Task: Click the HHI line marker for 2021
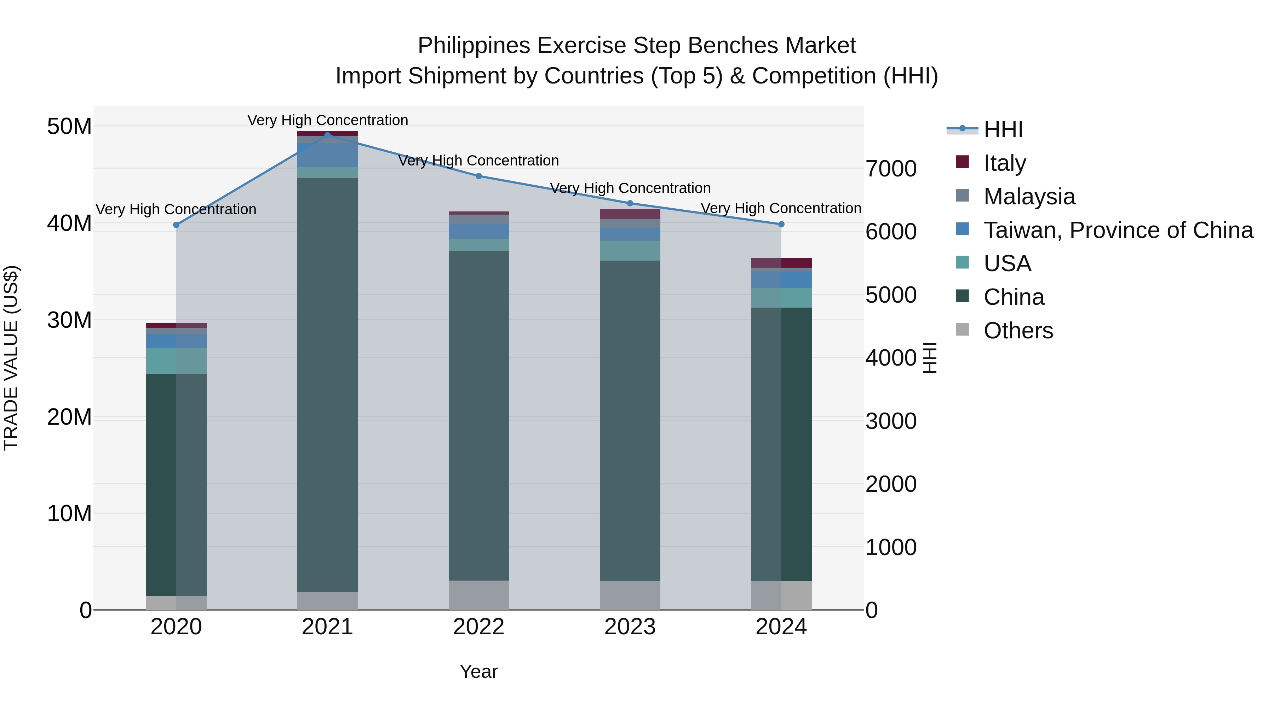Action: click(x=327, y=135)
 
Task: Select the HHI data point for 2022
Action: click(x=479, y=176)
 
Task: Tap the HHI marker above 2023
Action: click(x=630, y=203)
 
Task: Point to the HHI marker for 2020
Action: click(x=177, y=225)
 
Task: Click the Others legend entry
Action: click(x=1018, y=331)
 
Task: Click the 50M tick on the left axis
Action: click(x=69, y=127)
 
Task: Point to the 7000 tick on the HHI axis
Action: click(x=891, y=169)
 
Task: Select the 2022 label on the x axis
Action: click(x=479, y=627)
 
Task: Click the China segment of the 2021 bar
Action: click(x=327, y=385)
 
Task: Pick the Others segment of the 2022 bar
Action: click(x=479, y=595)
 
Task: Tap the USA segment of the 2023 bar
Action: click(x=630, y=251)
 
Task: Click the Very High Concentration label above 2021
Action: click(x=327, y=120)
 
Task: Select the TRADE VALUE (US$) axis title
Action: click(x=11, y=358)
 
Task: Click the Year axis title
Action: click(x=479, y=671)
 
